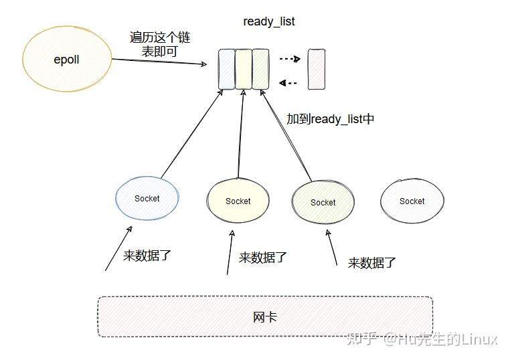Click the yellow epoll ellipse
[66, 60]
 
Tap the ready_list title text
[268, 21]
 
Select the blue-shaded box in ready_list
[227, 69]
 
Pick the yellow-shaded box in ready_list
[244, 69]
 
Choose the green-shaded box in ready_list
[260, 69]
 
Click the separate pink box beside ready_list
[317, 69]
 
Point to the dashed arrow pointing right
[288, 59]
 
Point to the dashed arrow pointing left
[288, 83]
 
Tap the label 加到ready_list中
[330, 119]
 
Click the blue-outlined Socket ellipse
[147, 198]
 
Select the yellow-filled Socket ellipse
[238, 201]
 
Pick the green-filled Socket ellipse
[323, 202]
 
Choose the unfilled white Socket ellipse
[412, 201]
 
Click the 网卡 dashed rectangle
[265, 317]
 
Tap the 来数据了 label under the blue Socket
[147, 256]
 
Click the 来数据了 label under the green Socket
[372, 262]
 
